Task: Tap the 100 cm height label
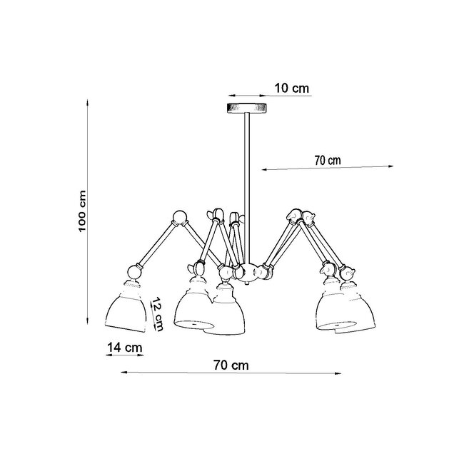coord(83,212)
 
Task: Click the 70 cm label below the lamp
coord(231,365)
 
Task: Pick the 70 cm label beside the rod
coord(327,161)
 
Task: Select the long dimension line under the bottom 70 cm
coord(231,374)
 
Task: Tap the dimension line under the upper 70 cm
coord(327,169)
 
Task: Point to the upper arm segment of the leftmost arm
coord(157,243)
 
